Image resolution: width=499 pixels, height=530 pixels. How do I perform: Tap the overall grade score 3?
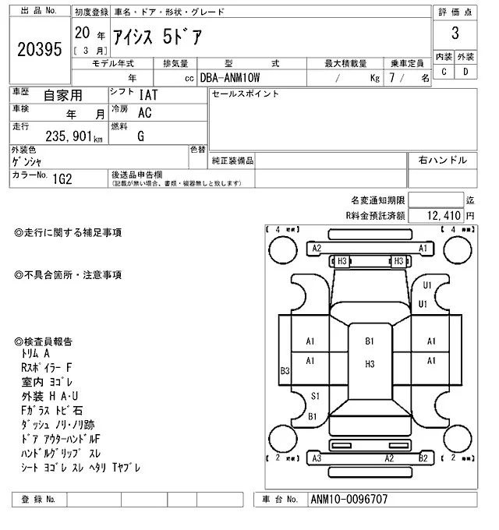click(455, 34)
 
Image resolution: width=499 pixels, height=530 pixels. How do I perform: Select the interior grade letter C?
click(444, 72)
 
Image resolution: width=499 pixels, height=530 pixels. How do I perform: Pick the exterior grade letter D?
click(465, 72)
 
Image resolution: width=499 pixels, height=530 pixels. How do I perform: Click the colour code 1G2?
click(62, 178)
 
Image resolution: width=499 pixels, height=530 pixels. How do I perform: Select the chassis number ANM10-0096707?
click(348, 500)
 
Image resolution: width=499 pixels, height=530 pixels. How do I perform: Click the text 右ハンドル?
click(443, 161)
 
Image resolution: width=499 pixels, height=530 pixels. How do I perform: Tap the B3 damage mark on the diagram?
click(285, 371)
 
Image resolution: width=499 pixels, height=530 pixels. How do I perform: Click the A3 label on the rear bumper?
click(317, 459)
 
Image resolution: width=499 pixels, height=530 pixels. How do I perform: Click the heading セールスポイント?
click(246, 94)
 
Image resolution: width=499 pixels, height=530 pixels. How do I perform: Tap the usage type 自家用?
click(62, 95)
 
